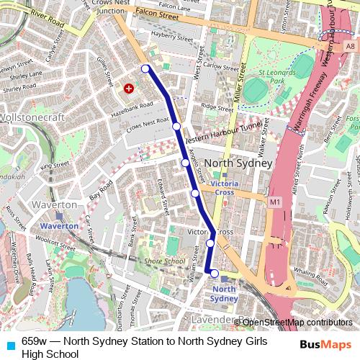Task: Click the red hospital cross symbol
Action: tap(129, 89)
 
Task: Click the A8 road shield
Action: tap(350, 46)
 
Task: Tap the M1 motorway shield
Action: tap(274, 202)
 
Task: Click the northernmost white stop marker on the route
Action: tap(145, 68)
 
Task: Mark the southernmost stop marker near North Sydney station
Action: tap(214, 273)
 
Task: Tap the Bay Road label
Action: tap(102, 191)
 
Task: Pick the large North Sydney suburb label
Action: tap(238, 163)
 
